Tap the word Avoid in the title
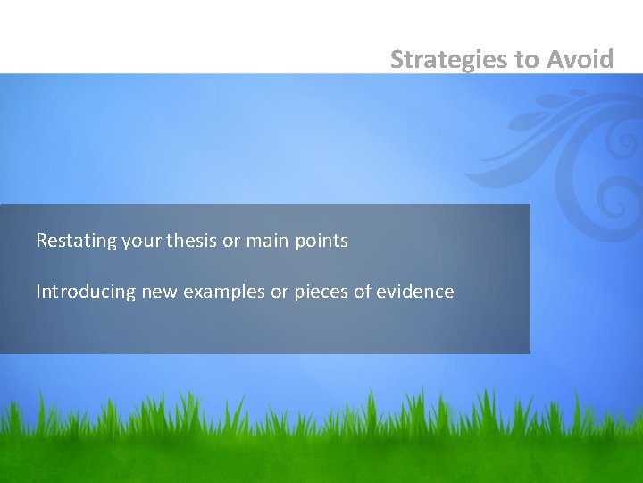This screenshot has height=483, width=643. point(580,60)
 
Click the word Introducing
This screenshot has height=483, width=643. point(86,292)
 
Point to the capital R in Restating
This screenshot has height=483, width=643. point(41,241)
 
